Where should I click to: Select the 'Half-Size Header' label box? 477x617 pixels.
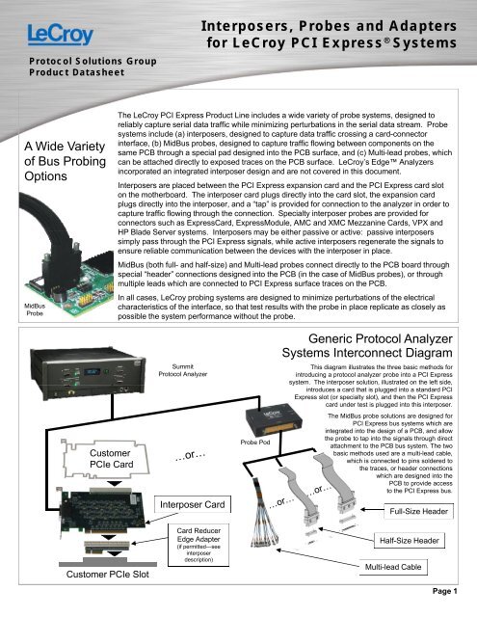pos(414,543)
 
